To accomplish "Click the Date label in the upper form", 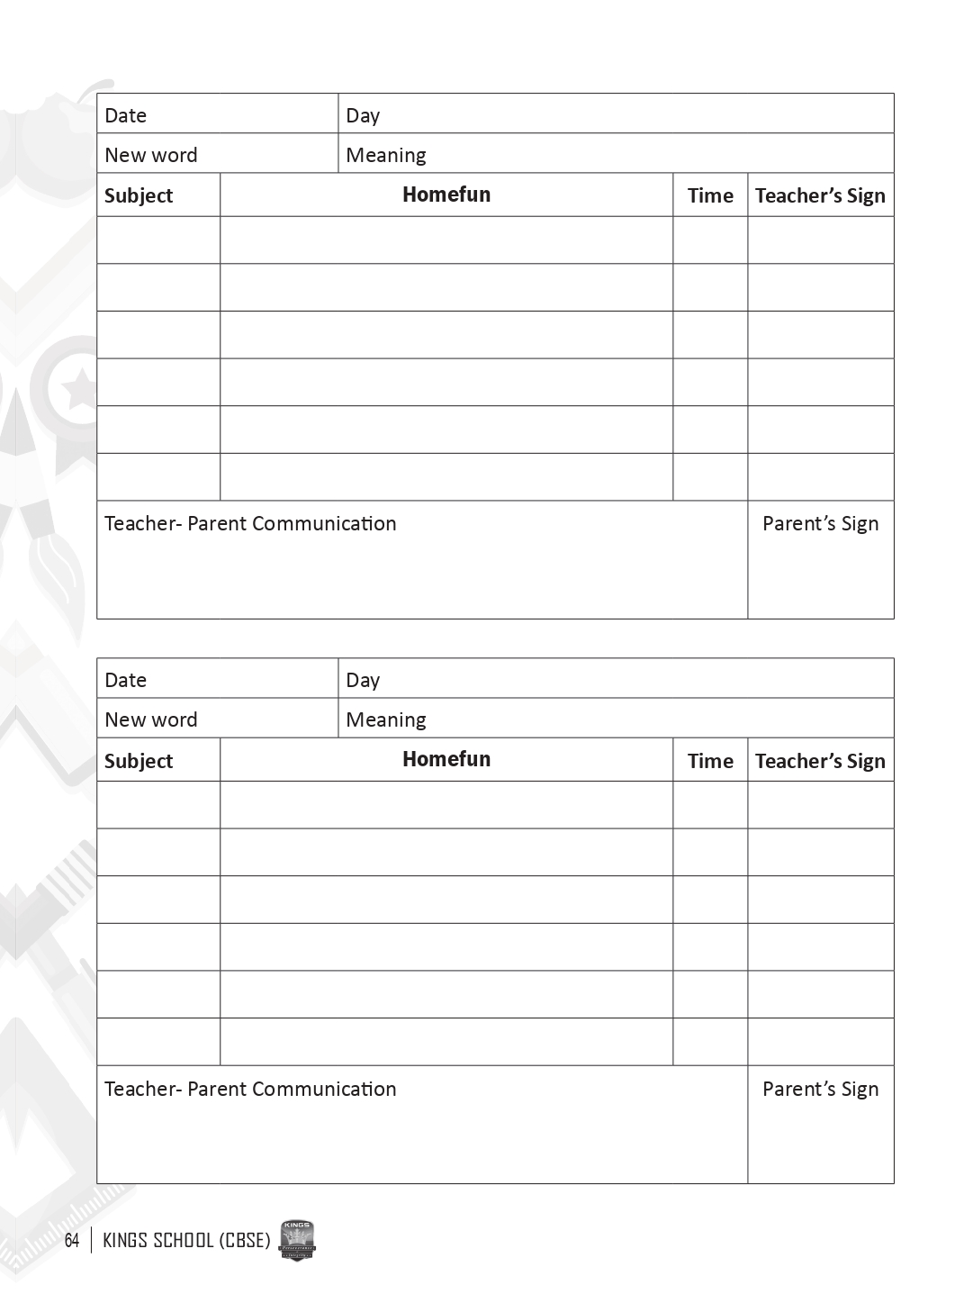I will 125,115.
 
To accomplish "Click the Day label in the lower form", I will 363,680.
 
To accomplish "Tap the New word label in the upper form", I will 150,155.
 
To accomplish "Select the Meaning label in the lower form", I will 386,719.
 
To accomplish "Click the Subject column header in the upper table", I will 139,195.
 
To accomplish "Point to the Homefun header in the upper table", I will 446,195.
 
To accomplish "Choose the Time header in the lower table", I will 710,761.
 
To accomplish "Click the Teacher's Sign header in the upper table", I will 820,195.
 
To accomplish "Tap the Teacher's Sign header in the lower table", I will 820,761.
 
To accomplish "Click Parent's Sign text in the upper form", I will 820,524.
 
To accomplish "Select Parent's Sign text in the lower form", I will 820,1089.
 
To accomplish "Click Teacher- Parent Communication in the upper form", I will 250,524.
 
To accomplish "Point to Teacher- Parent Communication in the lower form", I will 250,1089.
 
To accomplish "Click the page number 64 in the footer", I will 72,1241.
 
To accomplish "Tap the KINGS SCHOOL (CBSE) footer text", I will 186,1241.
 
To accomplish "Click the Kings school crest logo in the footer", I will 298,1241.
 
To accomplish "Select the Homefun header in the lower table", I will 446,759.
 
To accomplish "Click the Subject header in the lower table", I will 139,761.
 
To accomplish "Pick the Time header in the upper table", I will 710,195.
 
